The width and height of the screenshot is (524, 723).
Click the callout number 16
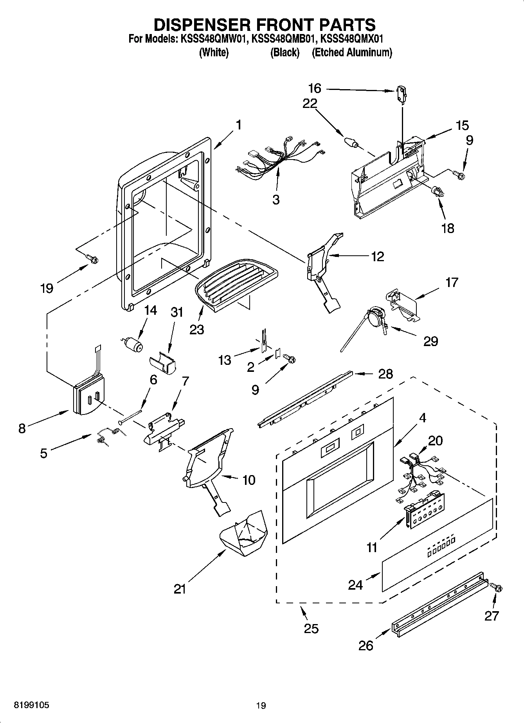coord(314,88)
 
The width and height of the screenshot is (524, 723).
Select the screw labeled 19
coord(92,258)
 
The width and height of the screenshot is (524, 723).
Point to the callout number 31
coord(177,312)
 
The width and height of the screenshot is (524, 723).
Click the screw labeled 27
coord(497,587)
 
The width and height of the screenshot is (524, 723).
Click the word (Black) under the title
coord(285,52)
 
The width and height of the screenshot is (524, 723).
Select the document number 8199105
coord(32,705)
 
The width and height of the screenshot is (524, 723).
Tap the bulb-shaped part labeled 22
coord(351,142)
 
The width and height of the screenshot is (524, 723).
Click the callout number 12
coord(377,257)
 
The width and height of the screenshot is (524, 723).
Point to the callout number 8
coord(22,428)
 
